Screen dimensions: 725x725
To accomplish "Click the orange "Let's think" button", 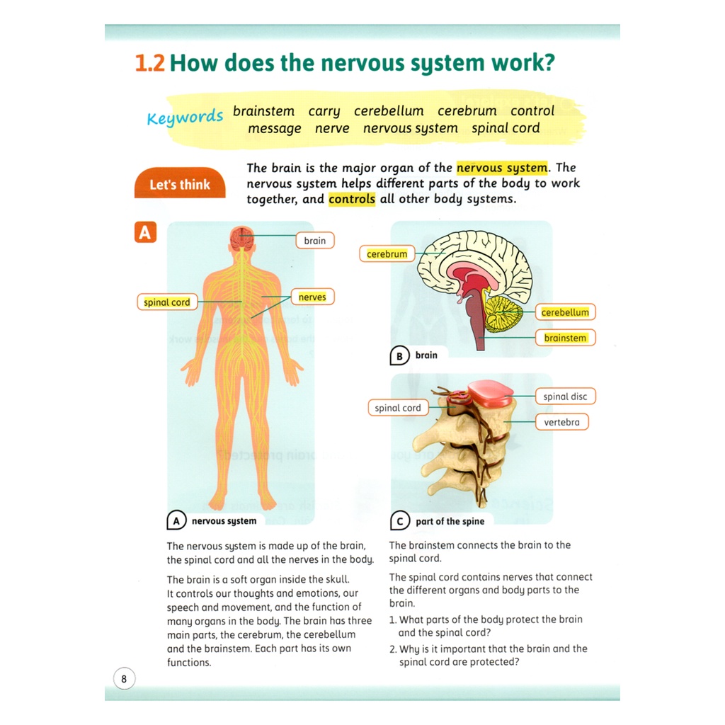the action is click(180, 183).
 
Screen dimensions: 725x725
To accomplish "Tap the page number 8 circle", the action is click(124, 679).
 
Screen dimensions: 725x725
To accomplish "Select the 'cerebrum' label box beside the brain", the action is click(387, 254).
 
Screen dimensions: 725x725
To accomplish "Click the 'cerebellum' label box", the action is click(565, 312).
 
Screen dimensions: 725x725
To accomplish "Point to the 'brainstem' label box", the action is click(565, 338).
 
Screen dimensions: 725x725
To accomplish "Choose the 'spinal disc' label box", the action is click(565, 396).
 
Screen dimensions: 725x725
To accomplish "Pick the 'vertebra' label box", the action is click(561, 422).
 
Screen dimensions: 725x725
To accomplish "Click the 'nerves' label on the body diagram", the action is click(312, 297).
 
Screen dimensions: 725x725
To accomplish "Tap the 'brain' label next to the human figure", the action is click(315, 241).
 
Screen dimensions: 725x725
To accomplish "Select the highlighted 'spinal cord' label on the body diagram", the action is click(167, 302).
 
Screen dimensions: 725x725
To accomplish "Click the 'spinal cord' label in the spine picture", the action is click(398, 408).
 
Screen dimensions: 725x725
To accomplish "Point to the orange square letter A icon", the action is click(145, 232).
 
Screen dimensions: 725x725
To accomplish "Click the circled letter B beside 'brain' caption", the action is click(399, 356).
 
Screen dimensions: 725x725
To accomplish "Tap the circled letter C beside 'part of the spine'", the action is click(400, 520).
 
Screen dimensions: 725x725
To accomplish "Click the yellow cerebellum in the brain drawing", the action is click(503, 314).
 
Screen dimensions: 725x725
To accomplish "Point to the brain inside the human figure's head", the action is click(241, 238).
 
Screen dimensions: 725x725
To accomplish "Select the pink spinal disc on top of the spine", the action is click(490, 394).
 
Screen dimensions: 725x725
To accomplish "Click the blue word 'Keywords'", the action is click(185, 118).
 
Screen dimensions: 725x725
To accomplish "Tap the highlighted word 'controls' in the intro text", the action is click(352, 199).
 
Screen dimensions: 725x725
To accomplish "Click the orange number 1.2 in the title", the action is click(149, 63).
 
